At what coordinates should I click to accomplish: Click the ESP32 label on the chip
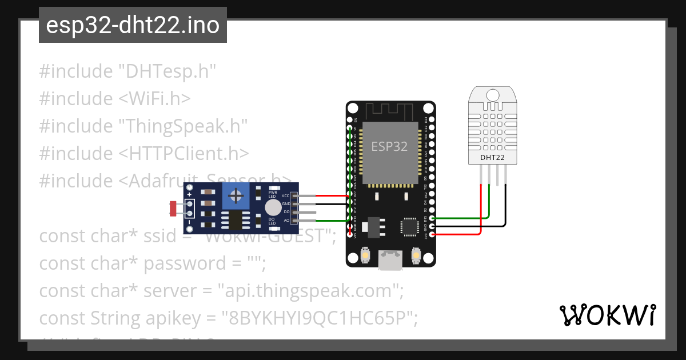[x=389, y=146]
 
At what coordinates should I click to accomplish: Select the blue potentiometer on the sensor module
[x=236, y=197]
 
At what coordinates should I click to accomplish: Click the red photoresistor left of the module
[x=173, y=209]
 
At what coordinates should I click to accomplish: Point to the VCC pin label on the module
[x=285, y=196]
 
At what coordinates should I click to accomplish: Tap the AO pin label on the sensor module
[x=286, y=220]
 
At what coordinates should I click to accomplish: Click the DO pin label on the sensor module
[x=286, y=212]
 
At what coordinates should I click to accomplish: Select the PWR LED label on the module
[x=273, y=195]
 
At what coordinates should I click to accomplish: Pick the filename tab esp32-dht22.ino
[x=133, y=26]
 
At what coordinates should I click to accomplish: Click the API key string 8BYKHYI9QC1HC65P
[x=320, y=318]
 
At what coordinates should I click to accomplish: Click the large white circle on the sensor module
[x=274, y=207]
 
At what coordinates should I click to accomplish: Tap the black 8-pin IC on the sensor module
[x=236, y=220]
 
